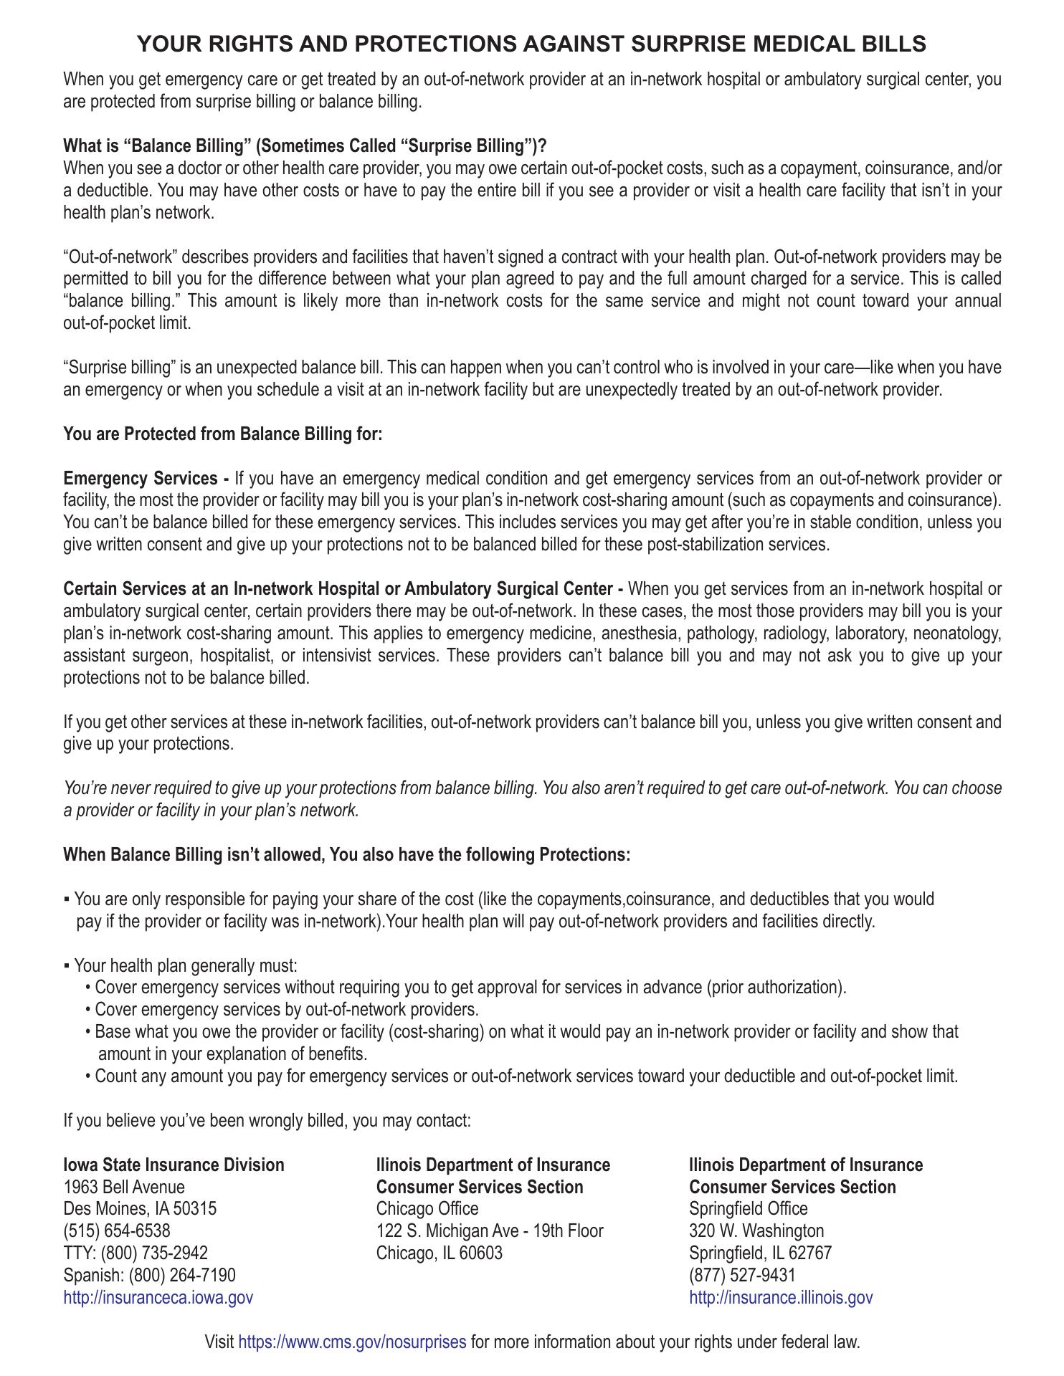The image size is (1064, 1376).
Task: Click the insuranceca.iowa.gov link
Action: pyautogui.click(x=158, y=1297)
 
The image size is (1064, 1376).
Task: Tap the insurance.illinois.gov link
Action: pyautogui.click(x=781, y=1297)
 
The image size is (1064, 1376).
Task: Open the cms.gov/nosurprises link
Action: pyautogui.click(x=351, y=1342)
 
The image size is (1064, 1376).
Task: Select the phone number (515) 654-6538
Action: pyautogui.click(x=117, y=1231)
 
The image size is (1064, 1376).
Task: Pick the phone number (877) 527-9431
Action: pyautogui.click(x=742, y=1275)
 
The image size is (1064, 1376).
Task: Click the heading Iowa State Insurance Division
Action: pyautogui.click(x=174, y=1165)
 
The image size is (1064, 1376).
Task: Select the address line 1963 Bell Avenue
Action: pyautogui.click(x=124, y=1187)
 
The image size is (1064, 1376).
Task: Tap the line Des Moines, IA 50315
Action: pyautogui.click(x=140, y=1209)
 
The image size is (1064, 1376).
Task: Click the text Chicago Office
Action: pyautogui.click(x=427, y=1209)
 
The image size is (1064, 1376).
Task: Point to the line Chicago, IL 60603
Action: pyautogui.click(x=440, y=1253)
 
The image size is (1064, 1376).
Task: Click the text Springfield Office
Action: pyautogui.click(x=748, y=1209)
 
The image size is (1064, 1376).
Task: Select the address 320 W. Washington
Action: pyautogui.click(x=756, y=1231)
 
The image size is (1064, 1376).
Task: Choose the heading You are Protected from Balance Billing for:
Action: pyautogui.click(x=223, y=434)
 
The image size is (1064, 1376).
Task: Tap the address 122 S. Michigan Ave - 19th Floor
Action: pyautogui.click(x=490, y=1231)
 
